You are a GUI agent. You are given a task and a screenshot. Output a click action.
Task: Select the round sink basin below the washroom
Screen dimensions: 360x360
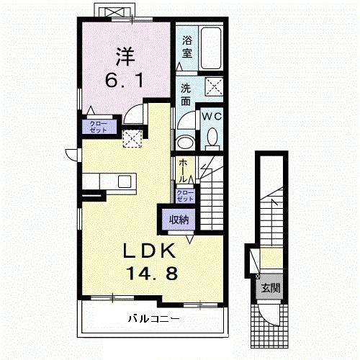186,141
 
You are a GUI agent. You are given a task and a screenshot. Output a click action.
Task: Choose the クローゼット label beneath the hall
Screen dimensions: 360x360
185,196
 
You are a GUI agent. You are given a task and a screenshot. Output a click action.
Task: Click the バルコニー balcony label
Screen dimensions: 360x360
153,318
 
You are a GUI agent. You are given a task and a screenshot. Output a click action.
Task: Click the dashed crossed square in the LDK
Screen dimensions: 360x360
132,139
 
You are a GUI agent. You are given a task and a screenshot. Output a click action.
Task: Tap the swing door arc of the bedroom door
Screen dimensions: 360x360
133,114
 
